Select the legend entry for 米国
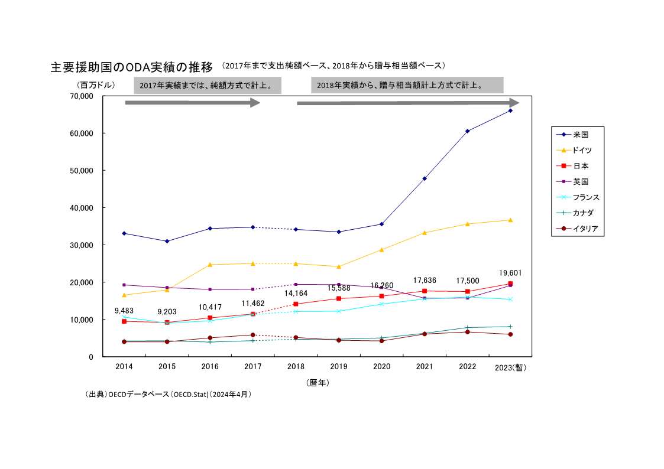581,135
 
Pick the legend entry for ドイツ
582,151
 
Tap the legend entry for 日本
581,166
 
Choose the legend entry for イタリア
585,229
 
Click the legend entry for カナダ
583,213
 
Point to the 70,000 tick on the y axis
83,96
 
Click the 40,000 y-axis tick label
83,208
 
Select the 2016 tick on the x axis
210,367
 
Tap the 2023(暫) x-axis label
510,367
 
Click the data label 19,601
510,273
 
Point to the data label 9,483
124,310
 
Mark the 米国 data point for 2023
510,110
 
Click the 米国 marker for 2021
425,178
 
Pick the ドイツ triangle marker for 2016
210,264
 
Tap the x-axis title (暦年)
318,383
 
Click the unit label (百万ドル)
95,85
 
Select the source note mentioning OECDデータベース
169,394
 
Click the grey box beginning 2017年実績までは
207,86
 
